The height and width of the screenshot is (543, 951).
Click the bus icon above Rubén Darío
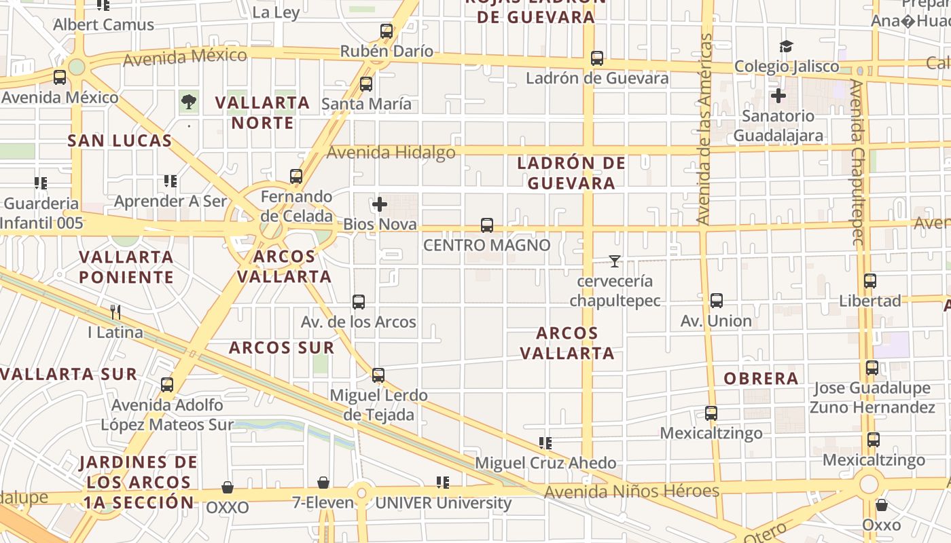pos(387,31)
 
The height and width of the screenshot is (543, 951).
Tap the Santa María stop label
pos(366,104)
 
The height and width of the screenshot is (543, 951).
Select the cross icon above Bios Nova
pos(380,204)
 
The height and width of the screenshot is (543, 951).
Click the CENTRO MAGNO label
pos(486,245)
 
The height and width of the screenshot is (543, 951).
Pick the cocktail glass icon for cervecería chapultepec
pos(615,261)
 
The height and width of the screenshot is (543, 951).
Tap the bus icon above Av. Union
pos(716,301)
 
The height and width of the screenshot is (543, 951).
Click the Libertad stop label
pos(870,301)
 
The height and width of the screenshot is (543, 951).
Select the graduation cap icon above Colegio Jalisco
pos(787,47)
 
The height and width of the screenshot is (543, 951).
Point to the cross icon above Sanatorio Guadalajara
pos(778,96)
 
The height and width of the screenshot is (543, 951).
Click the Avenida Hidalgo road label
pos(391,153)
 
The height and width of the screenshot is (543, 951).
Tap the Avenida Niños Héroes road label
pos(632,491)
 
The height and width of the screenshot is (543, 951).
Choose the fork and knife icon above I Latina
pos(115,312)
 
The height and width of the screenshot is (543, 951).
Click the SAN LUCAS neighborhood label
pos(120,141)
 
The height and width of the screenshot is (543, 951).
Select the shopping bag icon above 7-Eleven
pos(323,483)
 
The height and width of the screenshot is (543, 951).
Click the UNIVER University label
pos(443,503)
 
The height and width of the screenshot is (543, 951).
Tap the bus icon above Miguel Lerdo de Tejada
pos(378,375)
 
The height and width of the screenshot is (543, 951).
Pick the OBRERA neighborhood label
pos(761,379)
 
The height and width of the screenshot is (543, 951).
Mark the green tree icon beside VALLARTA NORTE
pos(189,102)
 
